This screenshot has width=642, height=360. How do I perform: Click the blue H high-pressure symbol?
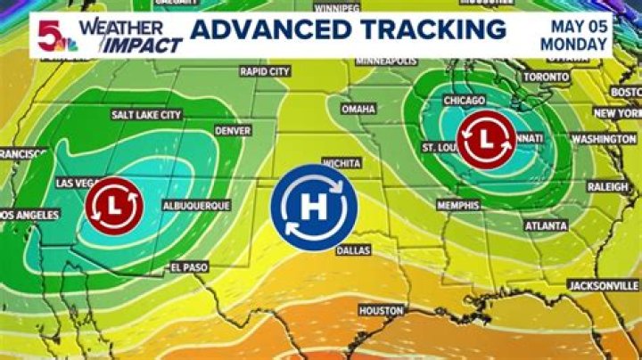pos(314,207)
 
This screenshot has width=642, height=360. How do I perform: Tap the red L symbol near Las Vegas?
pos(116,205)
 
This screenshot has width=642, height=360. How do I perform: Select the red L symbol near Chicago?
pos(485,140)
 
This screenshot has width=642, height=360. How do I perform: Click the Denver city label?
pos(233,130)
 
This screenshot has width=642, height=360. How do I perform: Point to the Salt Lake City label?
pos(146,115)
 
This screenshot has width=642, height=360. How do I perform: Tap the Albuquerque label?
pos(196,205)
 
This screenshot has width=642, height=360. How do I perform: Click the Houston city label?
pos(382,310)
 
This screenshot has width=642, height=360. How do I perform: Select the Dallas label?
pos(353,250)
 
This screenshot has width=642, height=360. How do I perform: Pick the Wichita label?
pos(342,163)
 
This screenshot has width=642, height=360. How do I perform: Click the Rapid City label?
pos(265,71)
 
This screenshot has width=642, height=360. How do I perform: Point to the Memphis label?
pos(459,205)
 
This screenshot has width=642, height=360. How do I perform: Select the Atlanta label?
pos(546,225)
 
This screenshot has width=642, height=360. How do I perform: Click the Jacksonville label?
pos(603,285)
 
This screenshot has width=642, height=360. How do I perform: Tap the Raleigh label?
pos(607,186)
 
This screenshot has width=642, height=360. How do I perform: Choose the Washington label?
pos(603,139)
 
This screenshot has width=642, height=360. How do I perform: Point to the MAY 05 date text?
pos(574,25)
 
